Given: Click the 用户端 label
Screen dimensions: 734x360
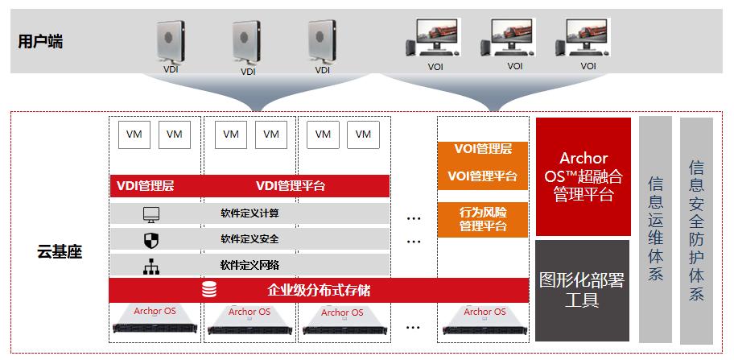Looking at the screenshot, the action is tap(40, 42).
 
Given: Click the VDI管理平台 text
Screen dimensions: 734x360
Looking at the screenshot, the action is tap(291, 186).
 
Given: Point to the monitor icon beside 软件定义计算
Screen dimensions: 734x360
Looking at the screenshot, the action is tap(151, 214).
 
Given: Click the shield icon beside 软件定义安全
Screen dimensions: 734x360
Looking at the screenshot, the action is tap(151, 240).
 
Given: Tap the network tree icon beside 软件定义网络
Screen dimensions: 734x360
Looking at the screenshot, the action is tap(151, 266).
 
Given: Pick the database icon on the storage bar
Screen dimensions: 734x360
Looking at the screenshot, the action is tap(209, 290).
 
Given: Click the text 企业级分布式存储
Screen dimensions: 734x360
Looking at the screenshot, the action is tap(319, 290).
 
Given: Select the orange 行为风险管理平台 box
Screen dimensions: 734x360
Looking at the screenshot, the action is tap(483, 220).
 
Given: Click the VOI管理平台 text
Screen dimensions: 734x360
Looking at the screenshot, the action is tap(483, 176).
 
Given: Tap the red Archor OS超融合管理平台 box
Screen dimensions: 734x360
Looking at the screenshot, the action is tap(583, 176).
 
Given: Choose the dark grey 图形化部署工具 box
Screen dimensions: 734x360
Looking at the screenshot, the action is tap(583, 291).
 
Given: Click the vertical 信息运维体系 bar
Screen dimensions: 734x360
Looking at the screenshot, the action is tap(655, 230).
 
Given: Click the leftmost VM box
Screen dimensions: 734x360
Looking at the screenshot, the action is tap(134, 134).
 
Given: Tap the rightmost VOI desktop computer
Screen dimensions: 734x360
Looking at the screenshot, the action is tap(583, 38).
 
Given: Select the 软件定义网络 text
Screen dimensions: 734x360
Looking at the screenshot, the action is tap(250, 265).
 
